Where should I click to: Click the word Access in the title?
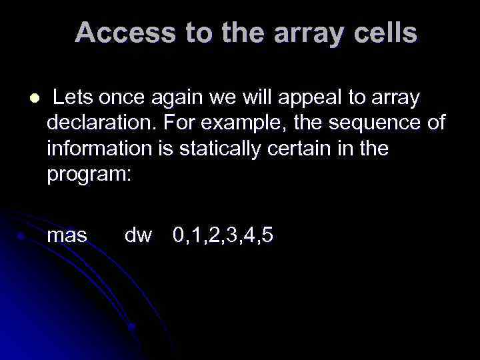114,33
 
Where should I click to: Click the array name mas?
67,235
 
